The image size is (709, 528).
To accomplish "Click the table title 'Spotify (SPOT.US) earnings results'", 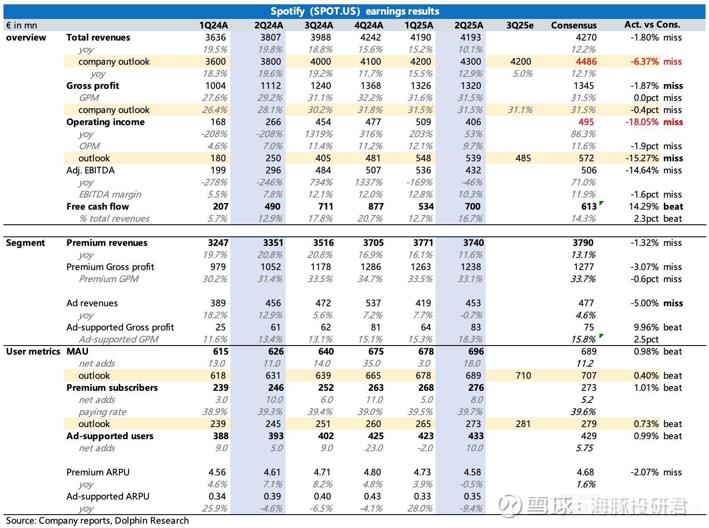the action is pyautogui.click(x=354, y=12).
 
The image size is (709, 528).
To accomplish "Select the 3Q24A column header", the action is pyautogui.click(x=319, y=25).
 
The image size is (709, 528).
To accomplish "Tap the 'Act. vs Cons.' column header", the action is pyautogui.click(x=652, y=25).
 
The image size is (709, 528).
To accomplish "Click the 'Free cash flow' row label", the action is pyautogui.click(x=97, y=207).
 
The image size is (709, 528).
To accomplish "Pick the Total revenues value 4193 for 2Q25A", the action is pyautogui.click(x=470, y=38).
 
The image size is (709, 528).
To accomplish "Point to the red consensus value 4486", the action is pyautogui.click(x=586, y=61).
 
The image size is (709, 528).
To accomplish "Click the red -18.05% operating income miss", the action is pyautogui.click(x=642, y=122).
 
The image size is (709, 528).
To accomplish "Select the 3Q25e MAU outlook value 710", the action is pyautogui.click(x=523, y=375).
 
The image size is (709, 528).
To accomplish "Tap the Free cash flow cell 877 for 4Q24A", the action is pyautogui.click(x=376, y=207).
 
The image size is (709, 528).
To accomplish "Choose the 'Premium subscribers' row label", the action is pyautogui.click(x=112, y=388).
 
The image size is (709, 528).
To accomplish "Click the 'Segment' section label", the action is pyautogui.click(x=25, y=243).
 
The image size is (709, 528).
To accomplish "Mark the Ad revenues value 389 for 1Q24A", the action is pyautogui.click(x=218, y=303).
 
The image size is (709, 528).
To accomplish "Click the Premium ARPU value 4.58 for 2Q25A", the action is pyautogui.click(x=472, y=472).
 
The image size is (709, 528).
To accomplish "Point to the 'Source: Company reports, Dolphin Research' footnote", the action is pyautogui.click(x=97, y=521).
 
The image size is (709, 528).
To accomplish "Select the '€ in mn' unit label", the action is pyautogui.click(x=22, y=25).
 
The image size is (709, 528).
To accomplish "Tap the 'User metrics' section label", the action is pyautogui.click(x=33, y=352).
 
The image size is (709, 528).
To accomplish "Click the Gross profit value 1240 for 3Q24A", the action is pyautogui.click(x=320, y=86).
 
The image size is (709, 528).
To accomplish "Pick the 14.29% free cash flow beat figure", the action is pyautogui.click(x=643, y=207).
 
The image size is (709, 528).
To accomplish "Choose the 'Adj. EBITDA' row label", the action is pyautogui.click(x=91, y=170).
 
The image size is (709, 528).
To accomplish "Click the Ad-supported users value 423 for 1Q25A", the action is pyautogui.click(x=426, y=436).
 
